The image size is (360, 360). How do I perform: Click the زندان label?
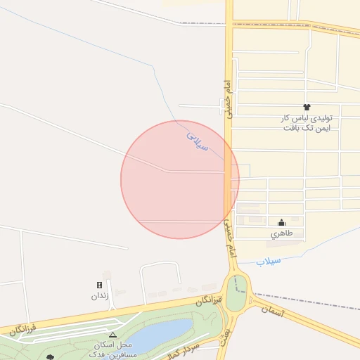point(99,296)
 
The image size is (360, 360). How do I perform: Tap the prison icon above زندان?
point(99,285)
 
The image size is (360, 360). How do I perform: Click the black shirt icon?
point(307,106)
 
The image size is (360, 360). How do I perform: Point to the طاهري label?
point(281,234)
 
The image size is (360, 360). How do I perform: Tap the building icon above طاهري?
point(281,223)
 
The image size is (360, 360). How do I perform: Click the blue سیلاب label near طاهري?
point(268,261)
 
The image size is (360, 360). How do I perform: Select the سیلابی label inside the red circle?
point(198,140)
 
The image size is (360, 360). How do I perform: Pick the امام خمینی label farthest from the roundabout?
point(228,97)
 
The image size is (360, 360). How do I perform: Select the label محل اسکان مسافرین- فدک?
point(112,349)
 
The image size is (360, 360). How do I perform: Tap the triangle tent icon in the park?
point(112,335)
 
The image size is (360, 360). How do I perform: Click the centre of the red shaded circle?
point(180,179)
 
